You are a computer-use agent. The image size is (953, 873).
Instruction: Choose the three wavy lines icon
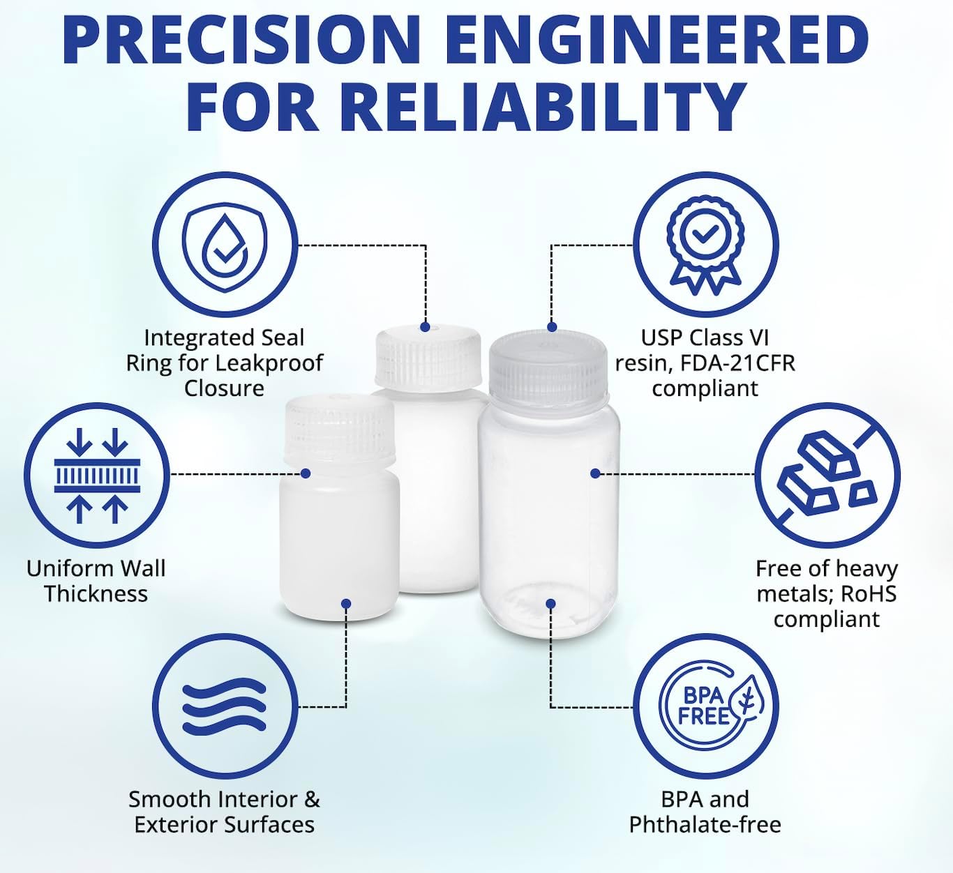coord(225,707)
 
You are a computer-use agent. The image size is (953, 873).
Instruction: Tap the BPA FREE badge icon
coord(705,707)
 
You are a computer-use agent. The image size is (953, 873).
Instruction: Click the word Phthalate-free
coord(705,825)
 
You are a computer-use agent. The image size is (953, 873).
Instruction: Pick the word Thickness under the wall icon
coord(96,594)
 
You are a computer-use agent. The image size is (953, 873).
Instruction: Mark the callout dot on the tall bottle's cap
coord(425,327)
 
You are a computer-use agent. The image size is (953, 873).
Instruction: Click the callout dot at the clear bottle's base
coord(550,604)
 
